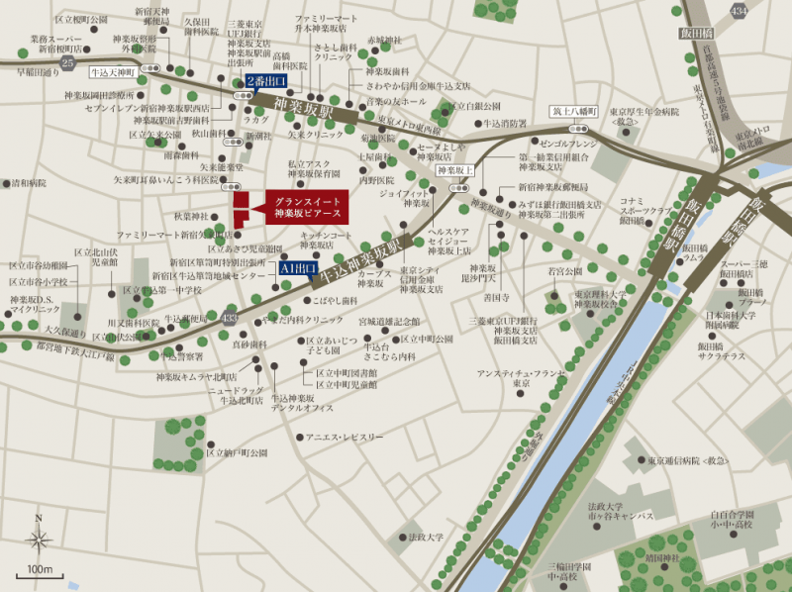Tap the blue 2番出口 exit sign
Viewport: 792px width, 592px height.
[267, 81]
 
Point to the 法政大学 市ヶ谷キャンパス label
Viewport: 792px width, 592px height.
[619, 511]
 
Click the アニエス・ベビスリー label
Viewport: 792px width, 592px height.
[345, 437]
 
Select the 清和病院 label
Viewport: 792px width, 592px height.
[27, 183]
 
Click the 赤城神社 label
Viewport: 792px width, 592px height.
[384, 41]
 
